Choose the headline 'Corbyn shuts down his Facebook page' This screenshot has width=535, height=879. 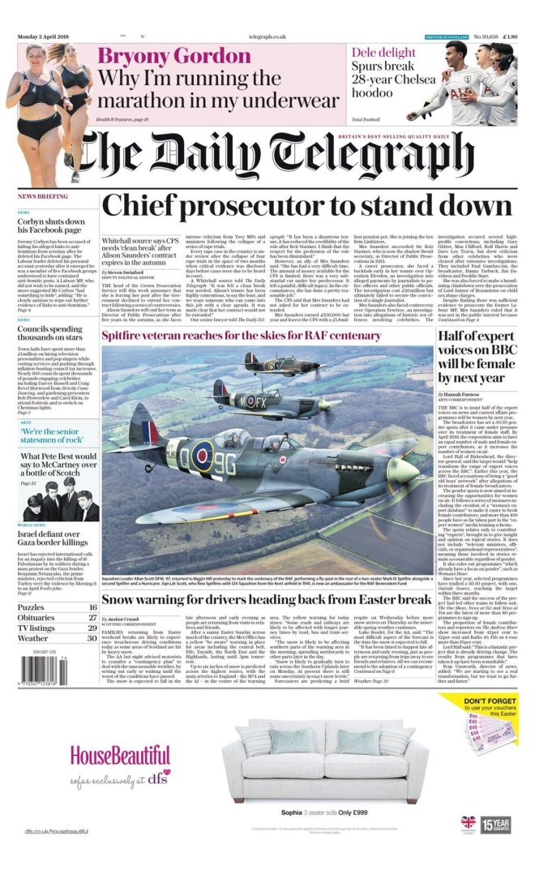click(x=52, y=225)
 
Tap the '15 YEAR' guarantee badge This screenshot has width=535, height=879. click(x=495, y=825)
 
